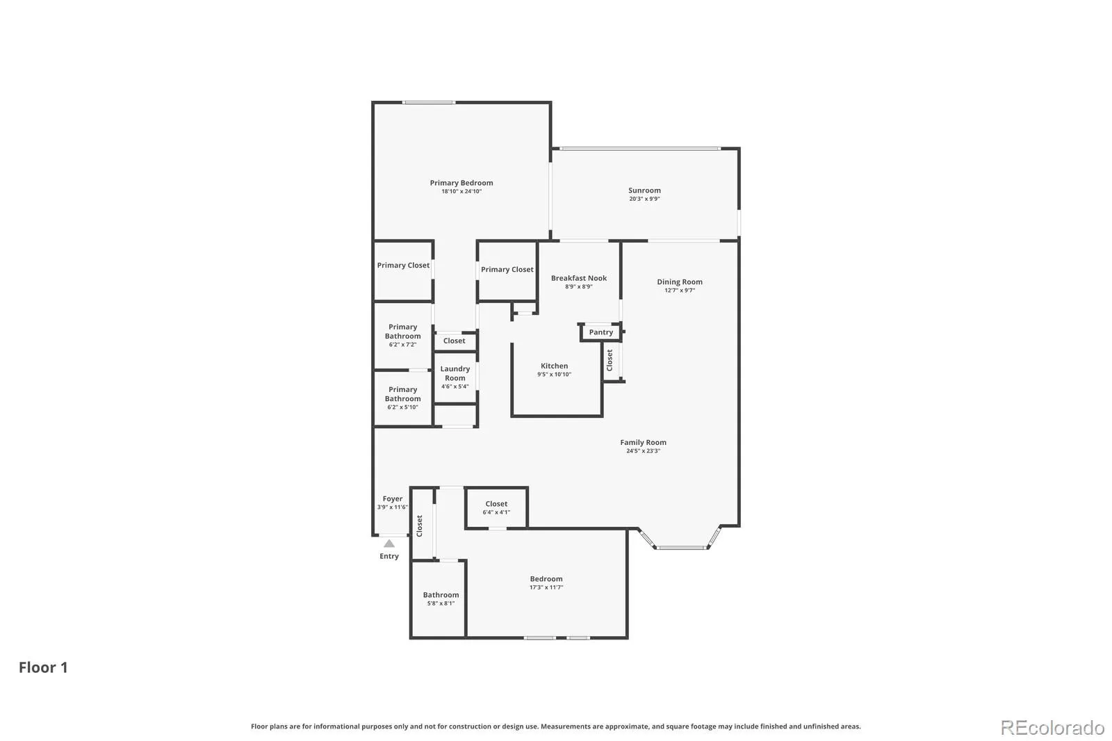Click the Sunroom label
pyautogui.click(x=644, y=190)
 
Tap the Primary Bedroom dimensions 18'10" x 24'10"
pyautogui.click(x=461, y=191)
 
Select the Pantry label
pyautogui.click(x=600, y=332)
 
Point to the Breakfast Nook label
pyautogui.click(x=579, y=278)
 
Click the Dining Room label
pyautogui.click(x=680, y=282)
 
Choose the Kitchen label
pyautogui.click(x=554, y=366)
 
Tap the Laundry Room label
pyautogui.click(x=455, y=373)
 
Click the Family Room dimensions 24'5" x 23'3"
pyautogui.click(x=644, y=451)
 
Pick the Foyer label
pyautogui.click(x=392, y=498)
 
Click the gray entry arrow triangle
pyautogui.click(x=389, y=544)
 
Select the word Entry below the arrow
pyautogui.click(x=389, y=556)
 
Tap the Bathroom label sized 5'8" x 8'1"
pyautogui.click(x=441, y=595)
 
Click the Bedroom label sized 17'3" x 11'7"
pyautogui.click(x=546, y=579)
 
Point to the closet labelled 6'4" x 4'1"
pyautogui.click(x=496, y=503)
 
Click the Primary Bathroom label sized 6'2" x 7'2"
pyautogui.click(x=402, y=332)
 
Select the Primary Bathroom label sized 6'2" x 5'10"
pyautogui.click(x=402, y=394)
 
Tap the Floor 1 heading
pyautogui.click(x=43, y=667)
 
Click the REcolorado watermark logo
pyautogui.click(x=1052, y=728)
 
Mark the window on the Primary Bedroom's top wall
pyautogui.click(x=429, y=102)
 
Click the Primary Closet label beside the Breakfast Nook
pyautogui.click(x=507, y=270)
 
